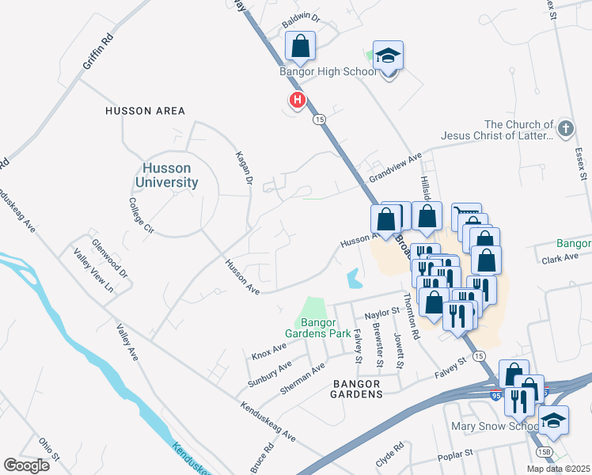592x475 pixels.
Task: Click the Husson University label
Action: pyautogui.click(x=169, y=175)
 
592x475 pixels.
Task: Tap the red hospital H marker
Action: pyautogui.click(x=297, y=101)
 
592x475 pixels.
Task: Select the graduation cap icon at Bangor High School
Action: pyautogui.click(x=388, y=57)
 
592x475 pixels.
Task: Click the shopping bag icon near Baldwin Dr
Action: pyautogui.click(x=300, y=47)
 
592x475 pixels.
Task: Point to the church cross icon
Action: pyautogui.click(x=565, y=128)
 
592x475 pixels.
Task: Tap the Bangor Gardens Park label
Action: pyautogui.click(x=324, y=328)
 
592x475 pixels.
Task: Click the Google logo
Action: pyautogui.click(x=27, y=465)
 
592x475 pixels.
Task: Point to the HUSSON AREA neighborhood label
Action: pyautogui.click(x=145, y=111)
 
